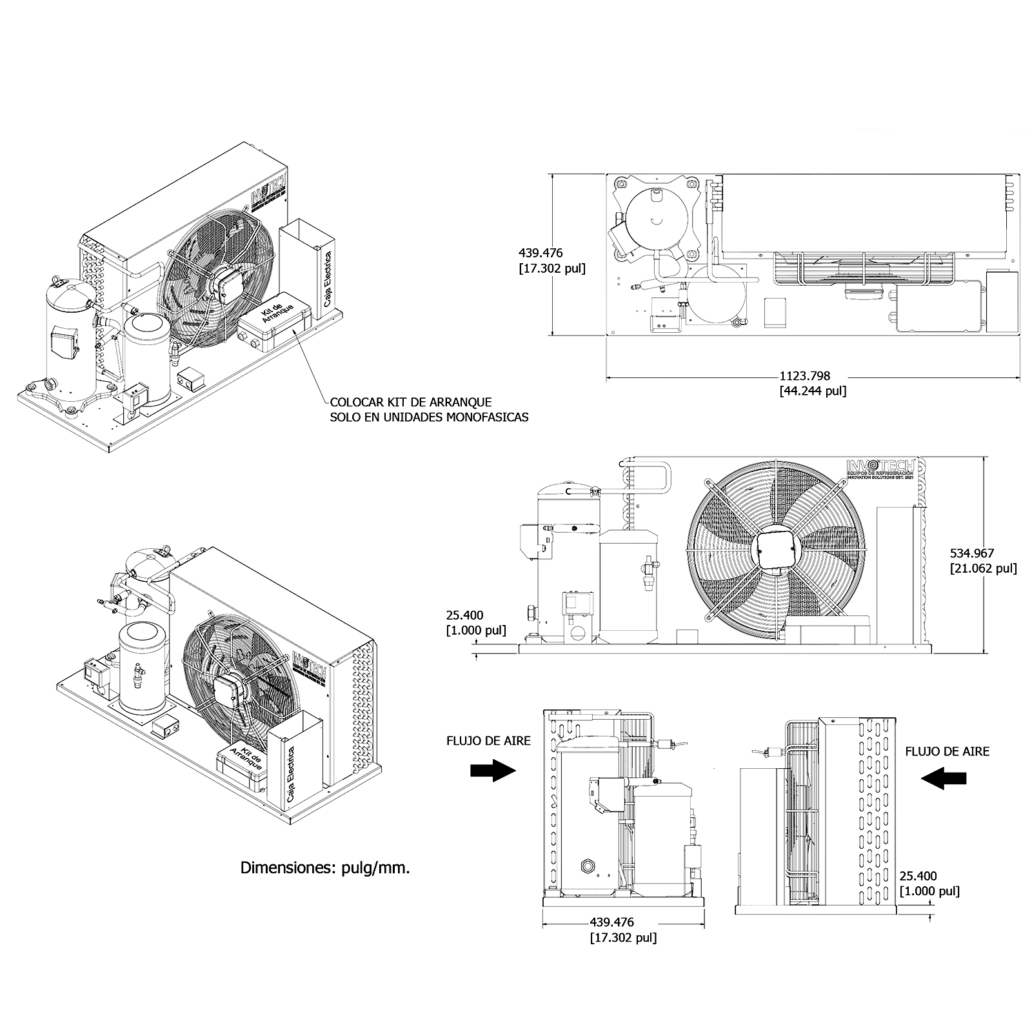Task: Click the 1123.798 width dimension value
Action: coord(804,376)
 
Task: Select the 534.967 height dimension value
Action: coord(972,553)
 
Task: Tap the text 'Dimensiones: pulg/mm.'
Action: coord(325,868)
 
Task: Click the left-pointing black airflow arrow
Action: coord(944,779)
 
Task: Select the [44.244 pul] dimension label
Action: coord(813,391)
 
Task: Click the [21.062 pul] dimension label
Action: coord(983,568)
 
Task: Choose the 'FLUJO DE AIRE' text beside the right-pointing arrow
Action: coord(488,741)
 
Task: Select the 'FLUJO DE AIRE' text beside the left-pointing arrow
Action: coord(947,751)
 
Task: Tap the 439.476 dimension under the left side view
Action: coord(611,923)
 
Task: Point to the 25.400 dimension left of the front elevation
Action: coord(464,615)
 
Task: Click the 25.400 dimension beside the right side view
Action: coord(918,876)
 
